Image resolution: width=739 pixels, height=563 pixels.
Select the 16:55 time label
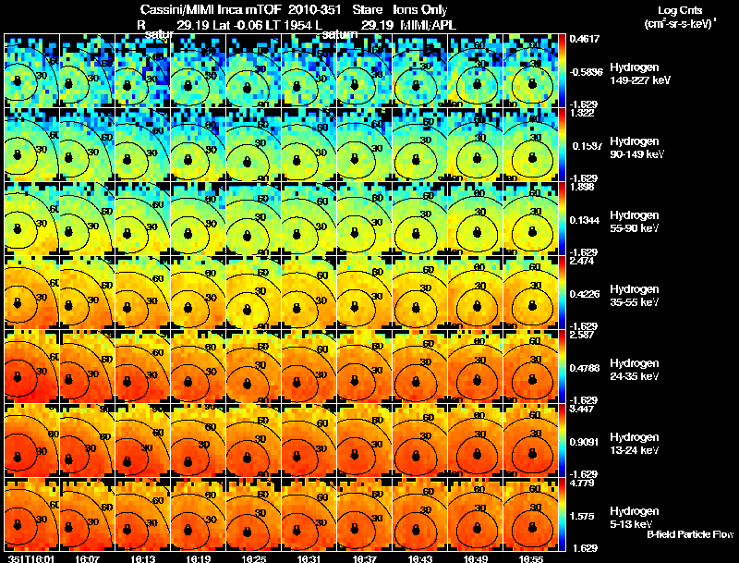pos(531,558)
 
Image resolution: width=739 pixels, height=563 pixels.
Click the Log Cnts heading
pos(680,9)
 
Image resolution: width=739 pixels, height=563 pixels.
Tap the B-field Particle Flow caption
pos(690,534)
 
